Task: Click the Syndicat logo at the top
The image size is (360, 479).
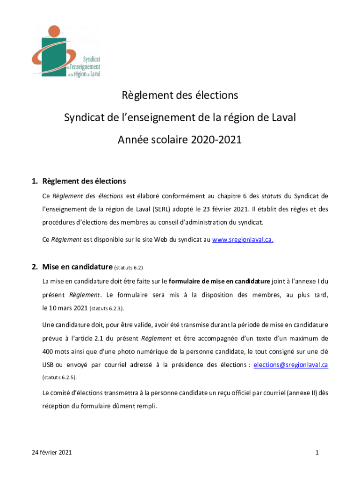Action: point(66,51)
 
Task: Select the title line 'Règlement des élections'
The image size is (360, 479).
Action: point(180,95)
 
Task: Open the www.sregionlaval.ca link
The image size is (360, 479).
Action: point(243,240)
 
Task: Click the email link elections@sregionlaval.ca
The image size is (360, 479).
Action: point(290,365)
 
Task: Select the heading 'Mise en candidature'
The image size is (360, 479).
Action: point(77,268)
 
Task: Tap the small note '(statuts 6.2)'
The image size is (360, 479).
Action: point(129,268)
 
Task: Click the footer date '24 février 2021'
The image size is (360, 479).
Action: point(51,452)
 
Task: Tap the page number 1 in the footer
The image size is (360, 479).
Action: point(317,452)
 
